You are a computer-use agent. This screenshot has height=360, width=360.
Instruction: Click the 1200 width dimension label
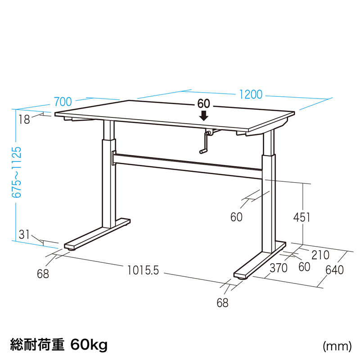pos(251,94)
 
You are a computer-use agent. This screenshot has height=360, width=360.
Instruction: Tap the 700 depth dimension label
pos(63,102)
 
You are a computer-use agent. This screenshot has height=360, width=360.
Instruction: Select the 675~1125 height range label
pos(17,172)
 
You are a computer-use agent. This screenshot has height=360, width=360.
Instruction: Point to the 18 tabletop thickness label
pos(24,120)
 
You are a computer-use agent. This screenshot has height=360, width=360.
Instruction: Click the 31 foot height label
pos(24,234)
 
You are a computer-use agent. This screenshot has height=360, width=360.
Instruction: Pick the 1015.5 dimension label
pos(143,270)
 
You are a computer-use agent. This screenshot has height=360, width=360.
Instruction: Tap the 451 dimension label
pos(301,217)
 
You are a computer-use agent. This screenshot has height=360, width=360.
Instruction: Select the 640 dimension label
pos(334,270)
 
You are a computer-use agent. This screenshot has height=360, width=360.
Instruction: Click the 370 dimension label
pos(279,268)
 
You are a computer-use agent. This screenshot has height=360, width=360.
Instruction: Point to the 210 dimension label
pos(320,255)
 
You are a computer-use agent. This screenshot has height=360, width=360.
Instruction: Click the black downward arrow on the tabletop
pos(204,116)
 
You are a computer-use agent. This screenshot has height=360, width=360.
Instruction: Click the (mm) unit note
pos(337,346)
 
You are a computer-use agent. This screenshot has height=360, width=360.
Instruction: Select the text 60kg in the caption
pos(89,344)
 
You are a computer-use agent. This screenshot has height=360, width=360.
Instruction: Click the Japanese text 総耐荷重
pos(37,344)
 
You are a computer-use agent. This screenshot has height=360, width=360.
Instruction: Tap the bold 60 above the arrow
pos(204,104)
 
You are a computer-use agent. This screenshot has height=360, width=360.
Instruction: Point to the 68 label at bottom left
pos(43,274)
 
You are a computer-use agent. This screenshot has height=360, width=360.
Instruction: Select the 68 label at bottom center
pos(222,303)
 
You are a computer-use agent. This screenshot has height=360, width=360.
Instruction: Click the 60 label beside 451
pos(237,217)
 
